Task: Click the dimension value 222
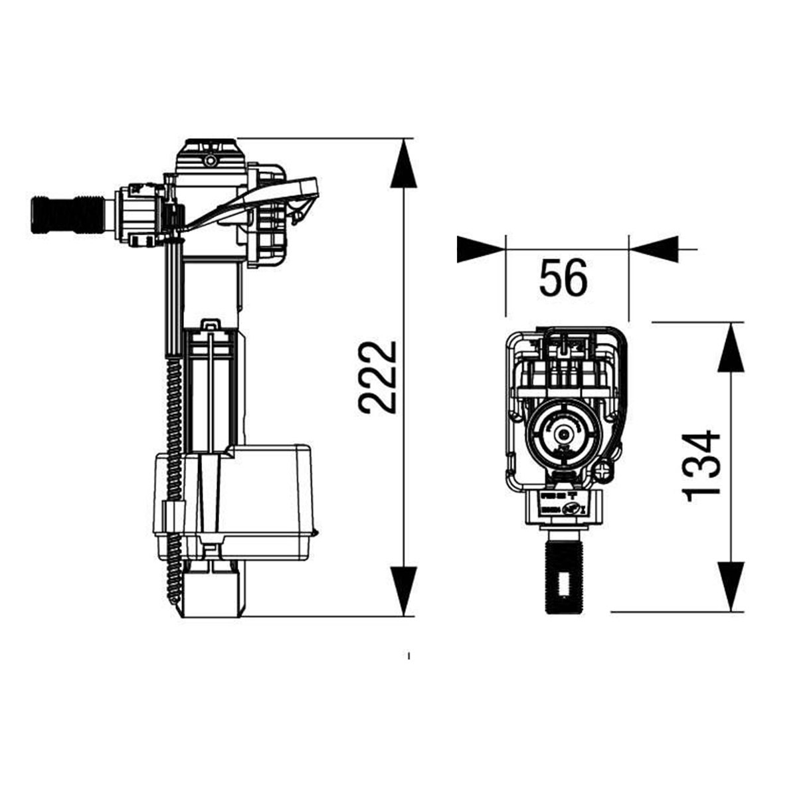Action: pyautogui.click(x=377, y=377)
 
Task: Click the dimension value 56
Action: pyautogui.click(x=563, y=277)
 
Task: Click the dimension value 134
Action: pyautogui.click(x=701, y=465)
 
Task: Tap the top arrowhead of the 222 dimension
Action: pyautogui.click(x=404, y=166)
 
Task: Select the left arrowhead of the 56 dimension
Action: pyautogui.click(x=480, y=249)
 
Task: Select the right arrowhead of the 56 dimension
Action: pyautogui.click(x=654, y=249)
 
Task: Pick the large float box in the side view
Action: pyautogui.click(x=266, y=491)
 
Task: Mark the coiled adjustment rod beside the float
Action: pyautogui.click(x=174, y=478)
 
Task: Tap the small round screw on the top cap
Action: pyautogui.click(x=211, y=161)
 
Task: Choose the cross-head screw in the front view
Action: pyautogui.click(x=603, y=470)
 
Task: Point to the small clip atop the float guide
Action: pyautogui.click(x=211, y=325)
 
